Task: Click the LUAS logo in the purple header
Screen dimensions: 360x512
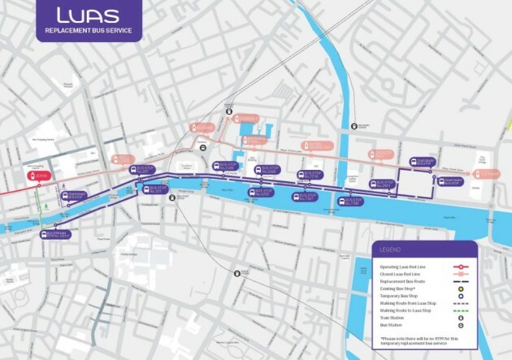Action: [88, 15]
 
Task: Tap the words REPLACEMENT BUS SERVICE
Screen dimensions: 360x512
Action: [87, 31]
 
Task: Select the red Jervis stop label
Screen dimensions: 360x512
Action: [38, 175]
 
